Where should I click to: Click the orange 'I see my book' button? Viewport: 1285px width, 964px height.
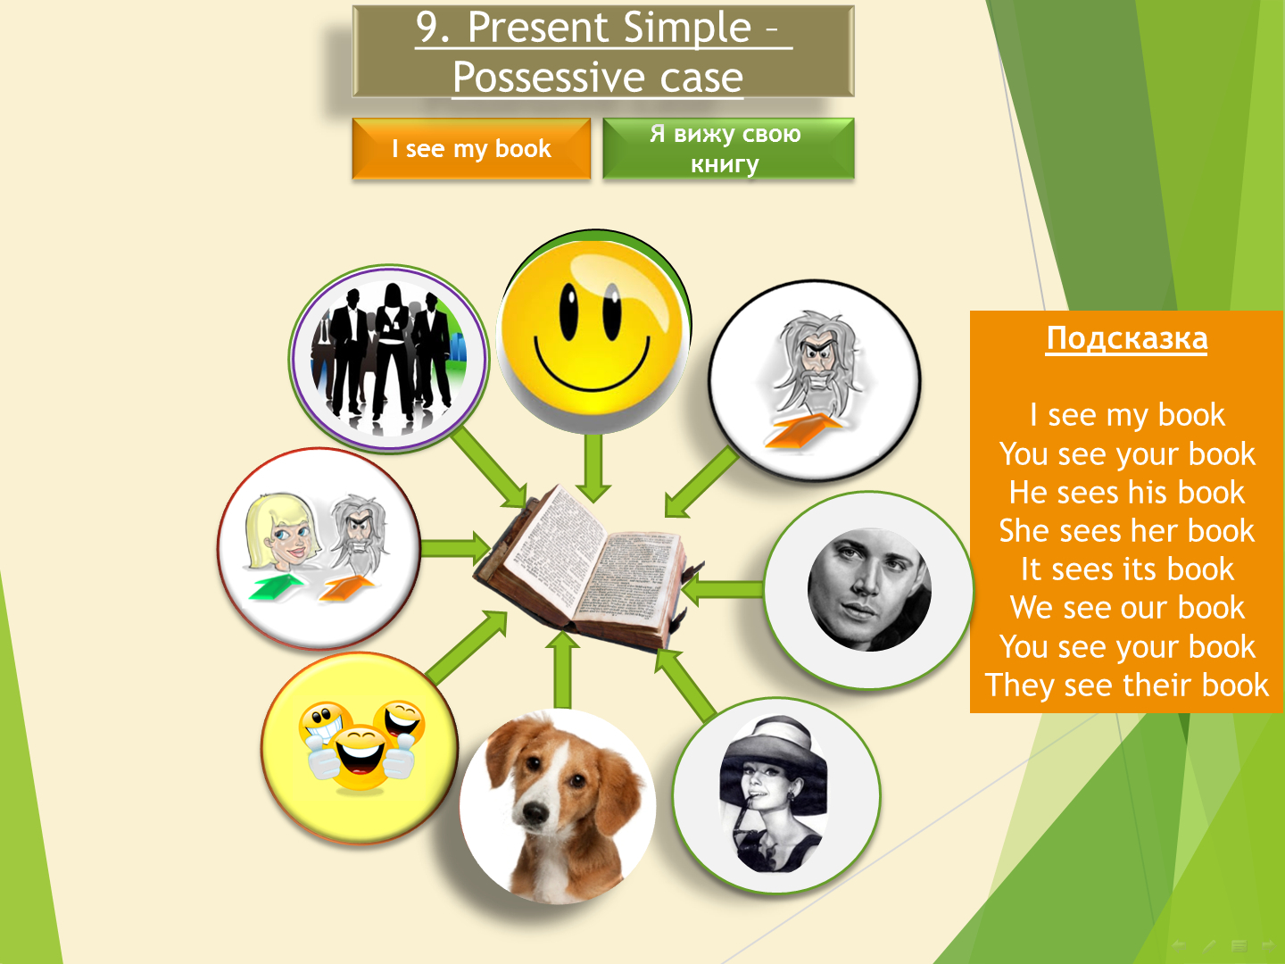tap(471, 149)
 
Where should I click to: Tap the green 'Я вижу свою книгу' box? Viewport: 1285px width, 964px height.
tap(728, 149)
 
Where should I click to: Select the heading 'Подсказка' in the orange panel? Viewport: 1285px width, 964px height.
tap(1127, 339)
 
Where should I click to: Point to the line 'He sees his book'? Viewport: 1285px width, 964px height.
tap(1127, 492)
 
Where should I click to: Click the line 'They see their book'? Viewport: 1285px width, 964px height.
tap(1127, 686)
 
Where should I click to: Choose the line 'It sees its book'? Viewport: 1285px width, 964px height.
tap(1127, 569)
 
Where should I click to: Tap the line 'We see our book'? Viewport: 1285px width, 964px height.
tap(1127, 608)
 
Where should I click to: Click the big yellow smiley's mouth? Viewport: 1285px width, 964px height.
tap(592, 365)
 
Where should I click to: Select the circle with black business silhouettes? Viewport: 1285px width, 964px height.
tap(389, 358)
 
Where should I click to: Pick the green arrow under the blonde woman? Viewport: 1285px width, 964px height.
tap(275, 587)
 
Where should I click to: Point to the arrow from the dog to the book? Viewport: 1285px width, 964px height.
tap(562, 670)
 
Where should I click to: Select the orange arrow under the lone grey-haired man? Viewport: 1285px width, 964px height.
tap(802, 431)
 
